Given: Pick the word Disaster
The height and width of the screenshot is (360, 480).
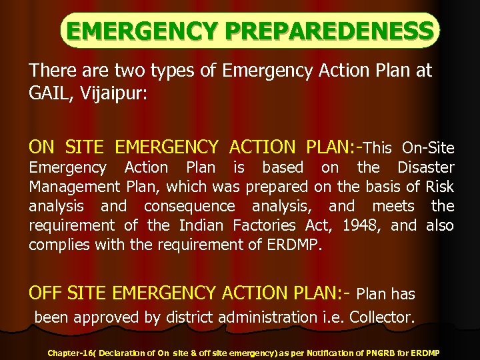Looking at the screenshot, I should click(425, 167).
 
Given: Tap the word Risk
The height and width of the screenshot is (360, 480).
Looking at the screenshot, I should click(439, 187).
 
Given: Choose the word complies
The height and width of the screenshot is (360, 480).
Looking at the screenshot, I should click(59, 245).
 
